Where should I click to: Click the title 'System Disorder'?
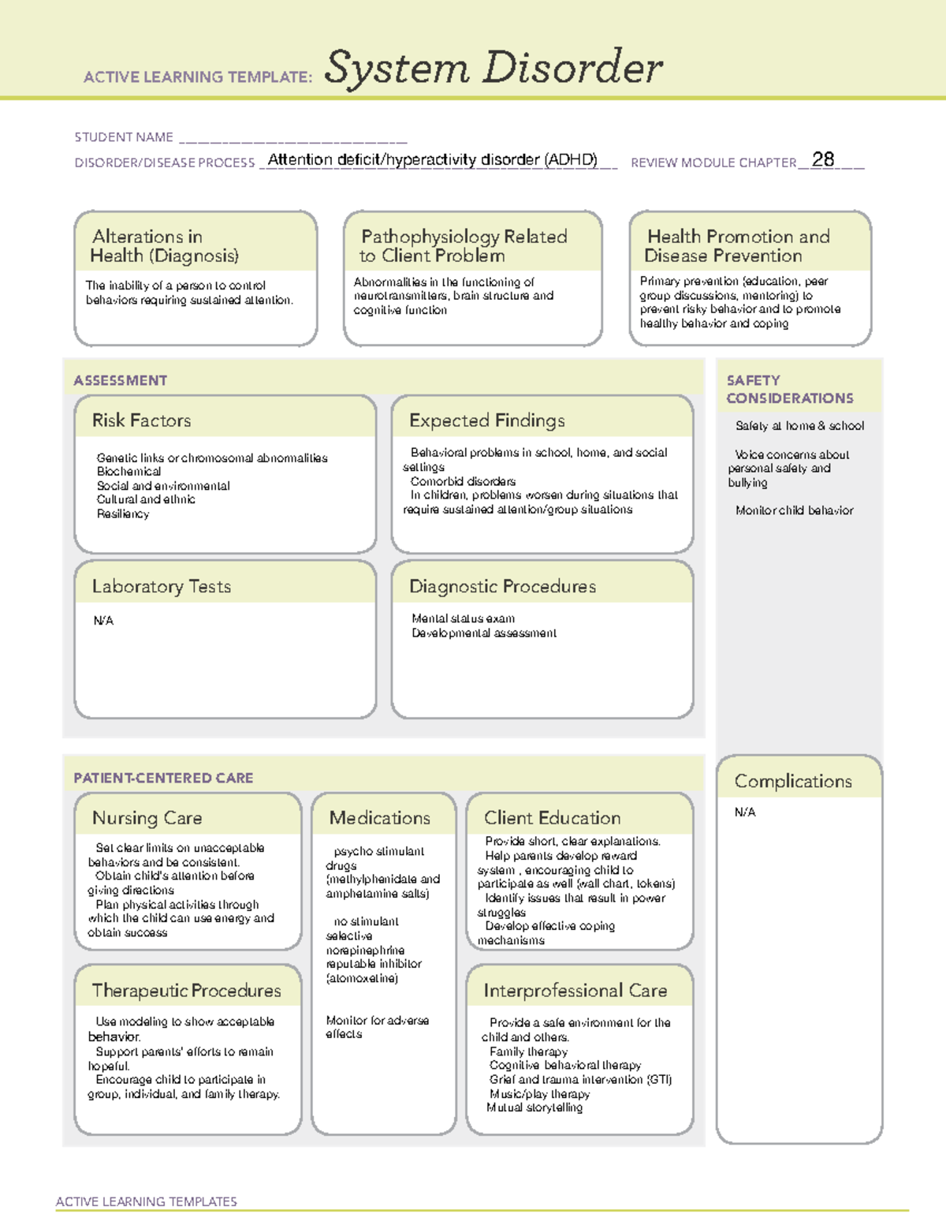tap(493, 68)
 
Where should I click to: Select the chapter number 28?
tap(822, 159)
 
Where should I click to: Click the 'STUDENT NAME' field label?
tap(124, 137)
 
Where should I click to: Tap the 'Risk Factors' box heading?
tap(142, 420)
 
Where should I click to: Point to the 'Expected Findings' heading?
tap(486, 420)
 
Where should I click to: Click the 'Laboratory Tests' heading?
tap(162, 586)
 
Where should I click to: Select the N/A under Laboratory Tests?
tap(103, 621)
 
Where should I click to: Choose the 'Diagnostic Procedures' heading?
tap(502, 586)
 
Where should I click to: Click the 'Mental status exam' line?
tap(464, 618)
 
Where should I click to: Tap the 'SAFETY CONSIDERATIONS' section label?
tap(789, 389)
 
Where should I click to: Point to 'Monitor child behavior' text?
tap(794, 510)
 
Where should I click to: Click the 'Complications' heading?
tap(793, 781)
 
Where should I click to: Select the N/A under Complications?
tap(745, 812)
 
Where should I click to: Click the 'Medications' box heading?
tap(380, 818)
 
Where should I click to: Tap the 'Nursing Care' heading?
tap(147, 818)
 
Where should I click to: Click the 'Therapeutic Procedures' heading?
tap(187, 990)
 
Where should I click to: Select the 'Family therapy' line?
tap(528, 1051)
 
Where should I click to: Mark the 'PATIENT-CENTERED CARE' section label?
tap(163, 778)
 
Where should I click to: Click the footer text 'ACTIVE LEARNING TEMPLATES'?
tap(147, 1201)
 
